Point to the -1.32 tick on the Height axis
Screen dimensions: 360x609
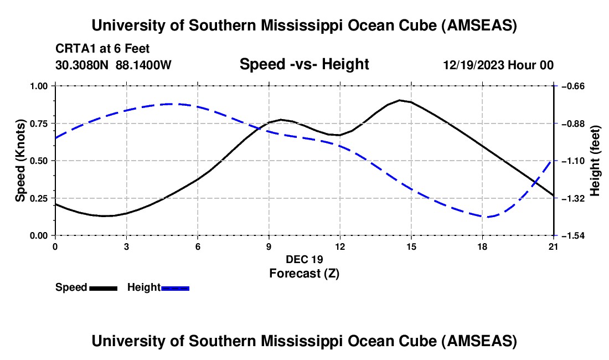(570, 198)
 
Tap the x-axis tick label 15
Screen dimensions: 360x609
(411, 246)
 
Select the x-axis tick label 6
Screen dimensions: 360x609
(198, 246)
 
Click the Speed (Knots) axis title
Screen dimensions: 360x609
(20, 161)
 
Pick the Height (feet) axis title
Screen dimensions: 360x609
(595, 161)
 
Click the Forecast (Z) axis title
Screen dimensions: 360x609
(304, 273)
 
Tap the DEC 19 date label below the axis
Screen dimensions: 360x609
(304, 259)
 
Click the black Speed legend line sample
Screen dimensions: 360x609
(103, 288)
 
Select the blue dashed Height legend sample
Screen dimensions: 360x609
(175, 288)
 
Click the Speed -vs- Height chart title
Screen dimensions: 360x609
(304, 64)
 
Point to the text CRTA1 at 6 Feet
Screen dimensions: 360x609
(102, 49)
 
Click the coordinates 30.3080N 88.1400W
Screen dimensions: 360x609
(113, 65)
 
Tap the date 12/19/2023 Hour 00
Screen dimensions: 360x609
(498, 65)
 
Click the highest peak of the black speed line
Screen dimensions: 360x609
(400, 100)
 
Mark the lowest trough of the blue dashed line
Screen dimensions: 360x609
(487, 217)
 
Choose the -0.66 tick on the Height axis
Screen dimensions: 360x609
(570, 86)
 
